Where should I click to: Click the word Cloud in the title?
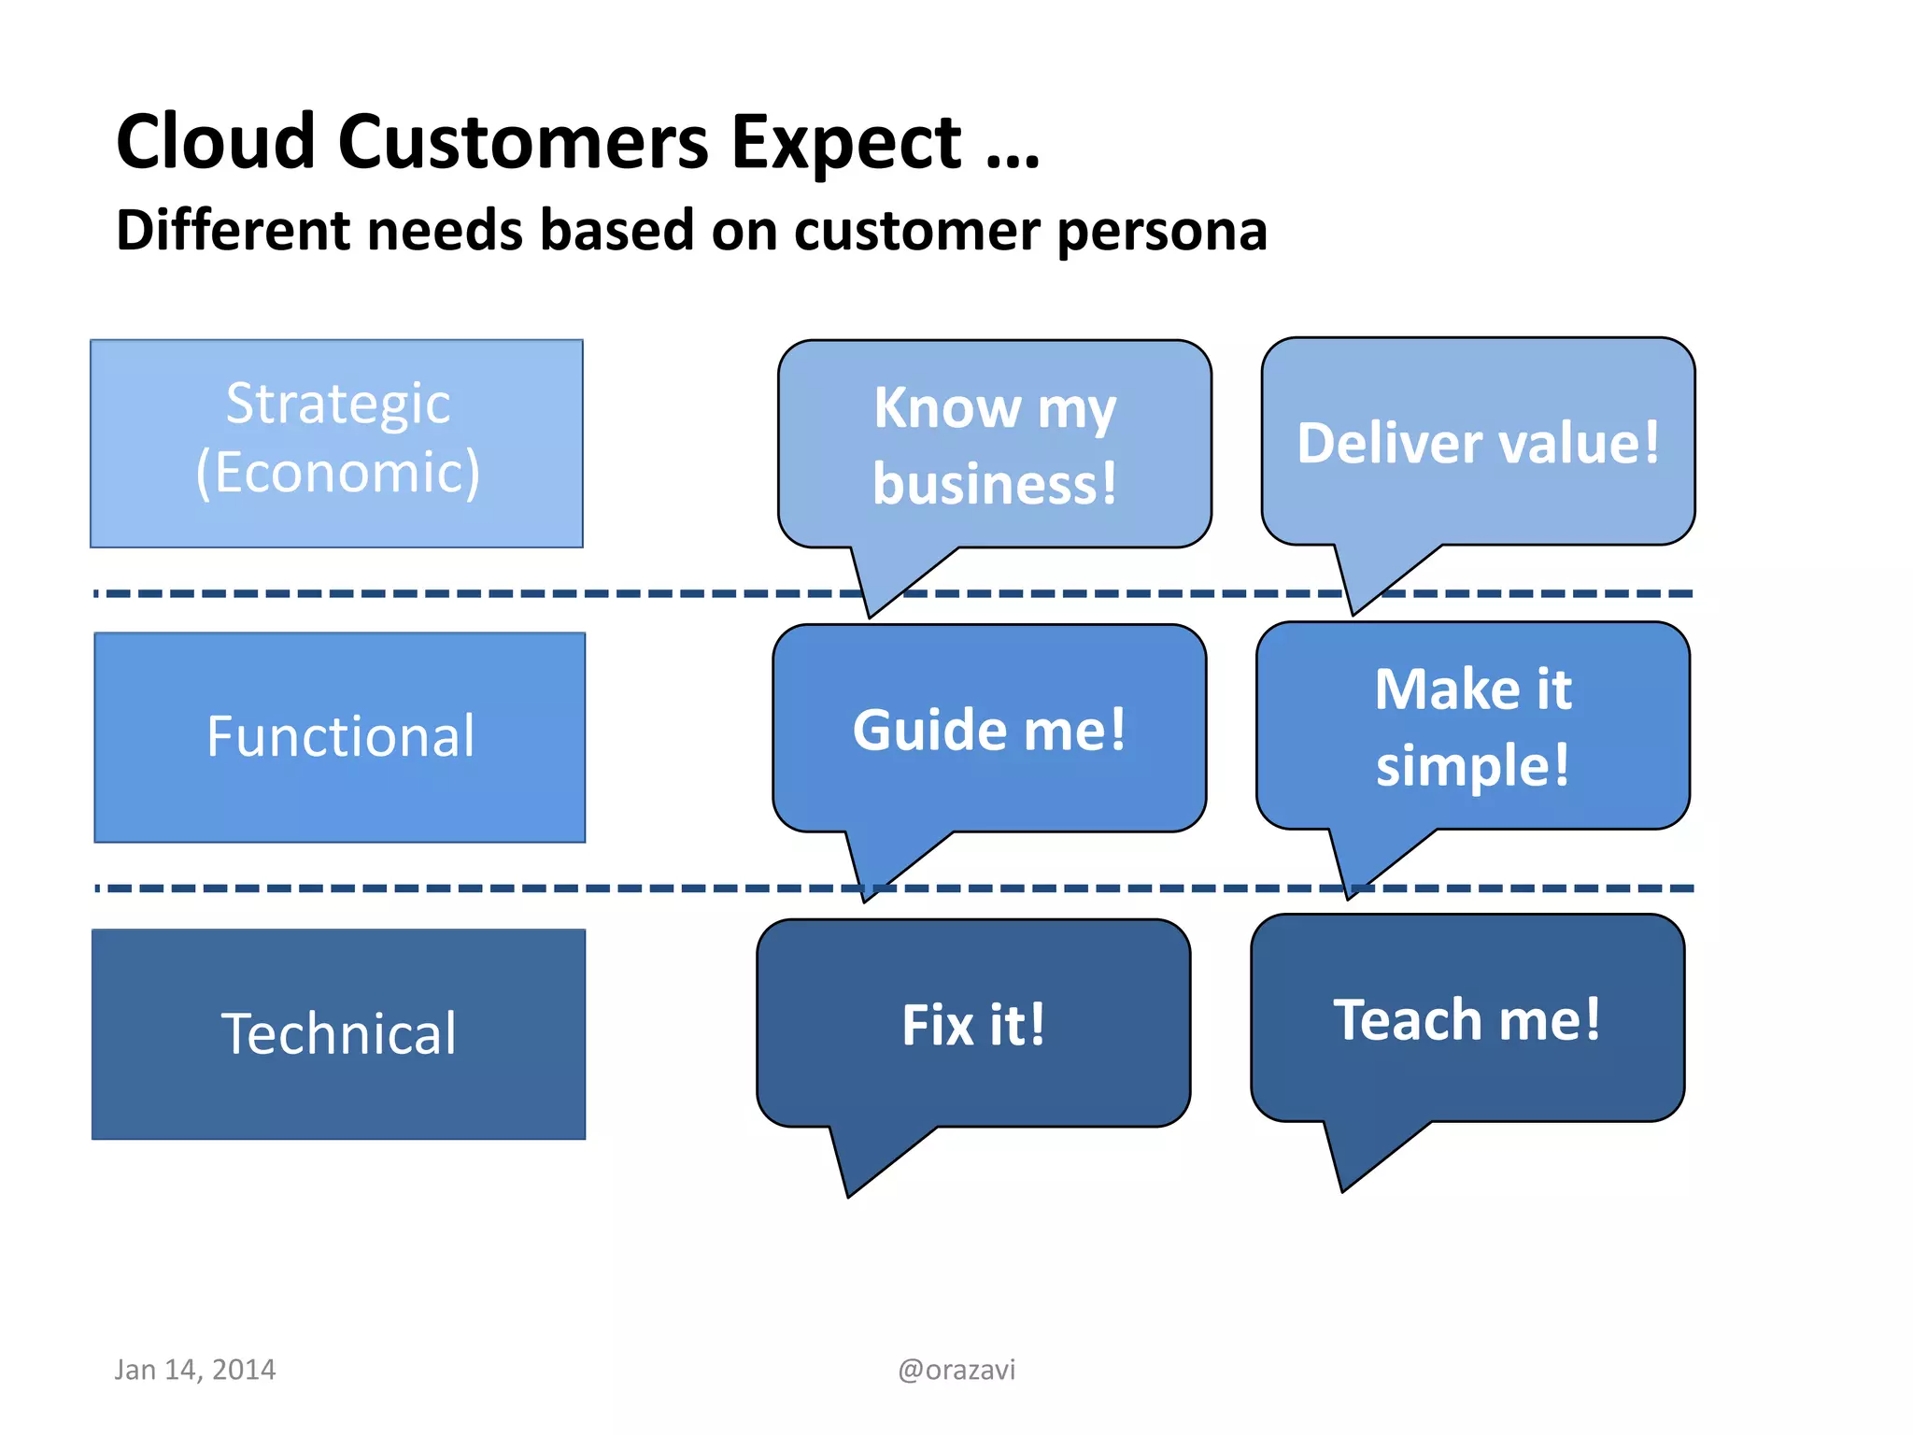[x=216, y=142]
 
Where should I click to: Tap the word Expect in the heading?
[x=844, y=142]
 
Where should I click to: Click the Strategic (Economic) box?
[x=337, y=443]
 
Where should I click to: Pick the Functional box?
[x=340, y=737]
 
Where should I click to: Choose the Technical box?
[x=339, y=1033]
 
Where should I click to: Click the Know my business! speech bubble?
[x=994, y=446]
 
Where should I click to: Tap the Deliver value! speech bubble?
[x=1478, y=442]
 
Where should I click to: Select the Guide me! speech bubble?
[x=989, y=729]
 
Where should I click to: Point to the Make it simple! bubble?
[x=1473, y=727]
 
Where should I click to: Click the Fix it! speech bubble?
[x=973, y=1024]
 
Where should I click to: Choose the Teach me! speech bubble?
[x=1467, y=1018]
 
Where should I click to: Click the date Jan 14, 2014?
[x=195, y=1370]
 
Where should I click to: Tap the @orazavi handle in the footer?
[x=956, y=1370]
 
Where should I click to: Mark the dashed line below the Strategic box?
[x=467, y=593]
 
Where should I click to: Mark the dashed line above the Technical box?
[x=467, y=888]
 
